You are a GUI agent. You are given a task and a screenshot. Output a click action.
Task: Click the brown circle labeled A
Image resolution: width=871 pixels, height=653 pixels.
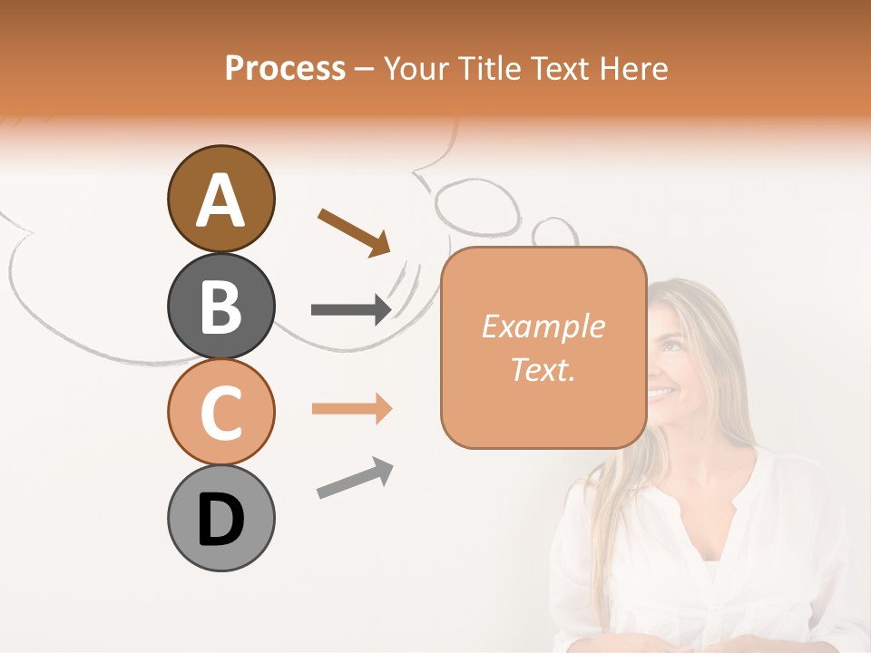click(x=220, y=199)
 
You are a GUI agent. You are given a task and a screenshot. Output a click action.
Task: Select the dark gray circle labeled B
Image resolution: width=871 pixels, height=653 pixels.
click(x=220, y=306)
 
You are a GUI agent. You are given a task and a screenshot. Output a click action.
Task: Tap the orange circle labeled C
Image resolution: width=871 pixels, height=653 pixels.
click(x=220, y=412)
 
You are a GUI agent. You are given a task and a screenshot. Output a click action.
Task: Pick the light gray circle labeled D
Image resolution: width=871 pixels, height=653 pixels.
click(x=220, y=518)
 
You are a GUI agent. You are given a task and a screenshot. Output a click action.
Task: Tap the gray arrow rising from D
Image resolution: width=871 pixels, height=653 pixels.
click(x=355, y=478)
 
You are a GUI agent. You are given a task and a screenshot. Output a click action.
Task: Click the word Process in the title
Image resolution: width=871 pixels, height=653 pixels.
click(x=285, y=68)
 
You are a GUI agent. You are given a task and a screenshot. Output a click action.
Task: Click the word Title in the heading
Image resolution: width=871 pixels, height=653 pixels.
click(x=488, y=68)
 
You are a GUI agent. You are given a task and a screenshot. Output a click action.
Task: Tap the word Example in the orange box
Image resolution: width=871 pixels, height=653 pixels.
click(x=543, y=326)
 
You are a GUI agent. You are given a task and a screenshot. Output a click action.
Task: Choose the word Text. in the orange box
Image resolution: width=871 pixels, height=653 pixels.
click(x=543, y=369)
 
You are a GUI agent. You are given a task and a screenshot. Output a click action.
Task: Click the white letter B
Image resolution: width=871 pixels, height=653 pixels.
click(x=220, y=307)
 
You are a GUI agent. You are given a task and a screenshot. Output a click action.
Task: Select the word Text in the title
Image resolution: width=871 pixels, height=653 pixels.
click(x=563, y=68)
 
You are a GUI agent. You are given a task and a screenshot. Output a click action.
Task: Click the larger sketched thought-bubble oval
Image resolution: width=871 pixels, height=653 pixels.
click(x=476, y=203)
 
